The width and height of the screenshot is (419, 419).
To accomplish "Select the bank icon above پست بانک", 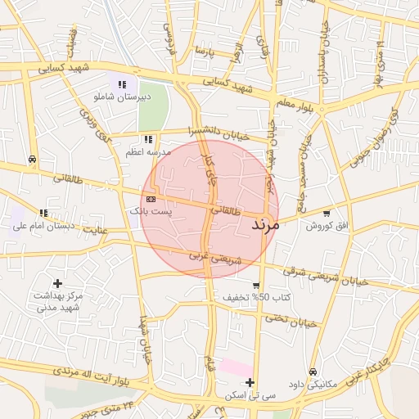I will click(151, 199).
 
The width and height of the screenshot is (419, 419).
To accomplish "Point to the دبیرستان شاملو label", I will click(121, 97).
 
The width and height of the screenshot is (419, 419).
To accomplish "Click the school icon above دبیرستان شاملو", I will click(122, 84).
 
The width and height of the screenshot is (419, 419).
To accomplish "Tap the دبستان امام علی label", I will click(44, 225).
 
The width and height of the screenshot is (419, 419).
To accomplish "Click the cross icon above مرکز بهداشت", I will click(57, 282).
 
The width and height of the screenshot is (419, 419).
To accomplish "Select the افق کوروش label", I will click(327, 226).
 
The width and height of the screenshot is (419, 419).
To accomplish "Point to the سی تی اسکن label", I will click(249, 395).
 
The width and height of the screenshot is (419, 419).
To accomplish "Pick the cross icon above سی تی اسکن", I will click(250, 383).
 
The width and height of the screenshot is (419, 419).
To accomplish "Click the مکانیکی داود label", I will click(313, 385).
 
